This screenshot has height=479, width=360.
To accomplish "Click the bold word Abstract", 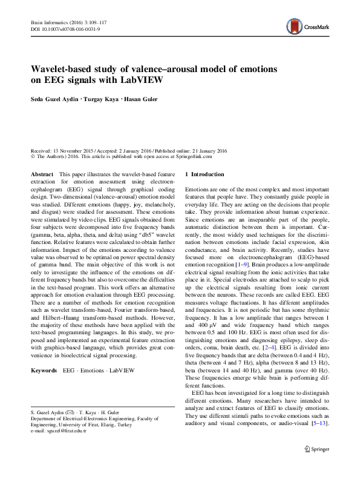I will [41, 174].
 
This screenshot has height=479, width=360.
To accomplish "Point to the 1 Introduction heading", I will [210, 174].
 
